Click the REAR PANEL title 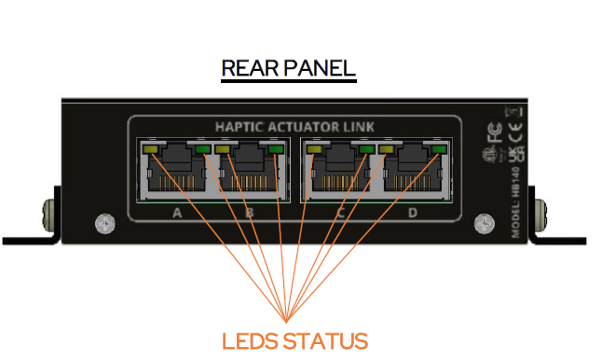pos(288,69)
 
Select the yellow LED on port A pos(150,148)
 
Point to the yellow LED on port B pos(223,148)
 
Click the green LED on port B pos(275,148)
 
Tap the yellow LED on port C pos(314,148)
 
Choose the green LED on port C pos(366,148)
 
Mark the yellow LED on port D pos(385,148)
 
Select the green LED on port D pos(439,148)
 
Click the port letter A pos(177,214)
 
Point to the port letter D pos(412,214)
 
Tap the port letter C pos(340,214)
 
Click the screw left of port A pos(103,224)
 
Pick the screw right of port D pos(483,224)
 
